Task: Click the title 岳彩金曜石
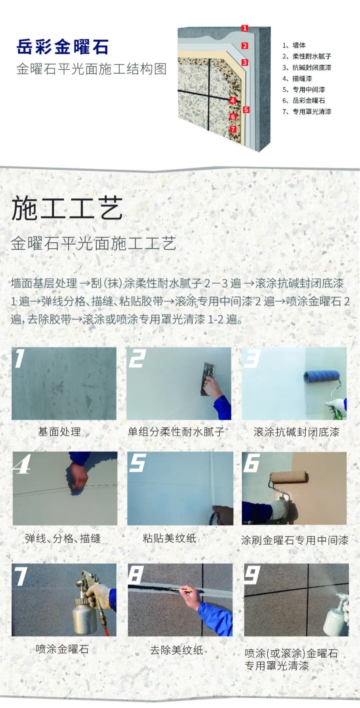pos(62,47)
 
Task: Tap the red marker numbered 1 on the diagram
pos(245,28)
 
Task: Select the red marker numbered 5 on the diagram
pos(246,110)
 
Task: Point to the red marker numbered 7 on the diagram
pos(233,129)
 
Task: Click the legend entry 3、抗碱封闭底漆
pos(307,68)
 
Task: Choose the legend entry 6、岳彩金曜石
pos(304,100)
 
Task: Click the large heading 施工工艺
pos(67,208)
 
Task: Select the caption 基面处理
pos(59,432)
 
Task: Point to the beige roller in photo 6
pos(289,477)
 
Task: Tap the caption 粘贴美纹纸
pos(169,538)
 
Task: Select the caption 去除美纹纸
pos(176,650)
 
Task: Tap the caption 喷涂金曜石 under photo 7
pos(62,649)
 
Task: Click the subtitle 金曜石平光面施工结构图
pos(91,69)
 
